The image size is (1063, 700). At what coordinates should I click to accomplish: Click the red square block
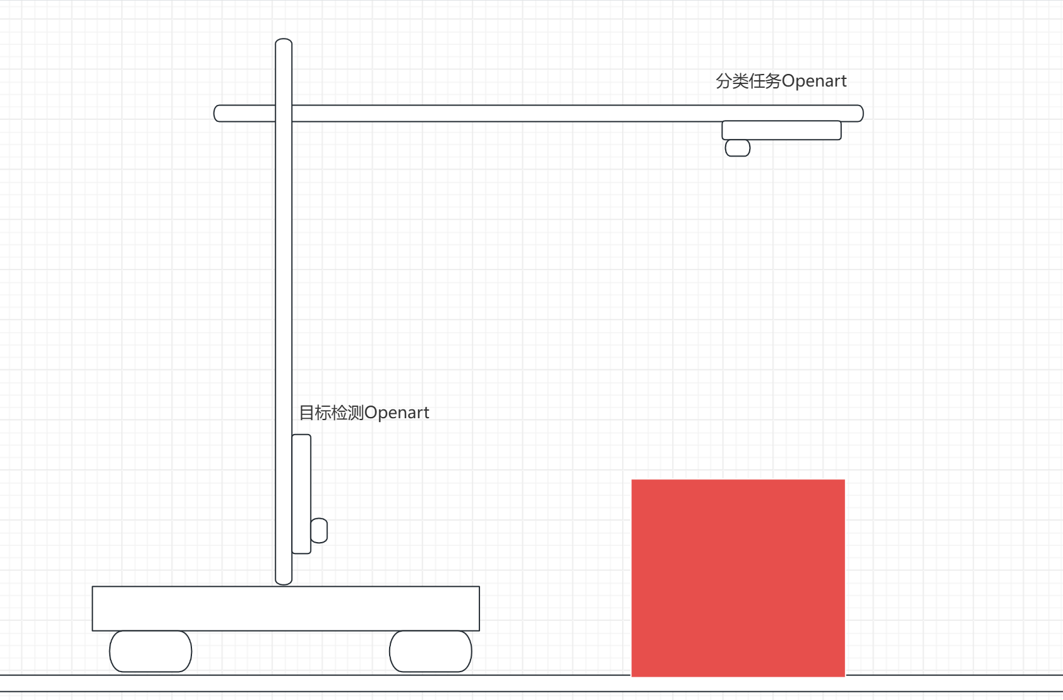coord(738,577)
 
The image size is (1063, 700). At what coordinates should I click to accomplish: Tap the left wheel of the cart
coord(150,651)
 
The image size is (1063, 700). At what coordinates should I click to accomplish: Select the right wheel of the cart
coord(430,651)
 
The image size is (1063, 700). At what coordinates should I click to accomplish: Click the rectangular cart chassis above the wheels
coord(285,608)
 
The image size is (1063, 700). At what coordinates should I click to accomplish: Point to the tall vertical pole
coord(284,316)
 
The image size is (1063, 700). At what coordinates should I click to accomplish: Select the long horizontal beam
coord(505,113)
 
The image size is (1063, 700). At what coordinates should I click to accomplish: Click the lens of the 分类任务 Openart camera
coord(737,148)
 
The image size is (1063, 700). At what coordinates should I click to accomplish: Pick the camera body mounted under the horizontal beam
coord(781,130)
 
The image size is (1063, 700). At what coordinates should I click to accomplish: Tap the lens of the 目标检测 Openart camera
coord(319,531)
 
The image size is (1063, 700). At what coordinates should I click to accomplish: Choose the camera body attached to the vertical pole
coord(301,494)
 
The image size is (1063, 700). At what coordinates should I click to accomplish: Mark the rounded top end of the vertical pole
coord(284,43)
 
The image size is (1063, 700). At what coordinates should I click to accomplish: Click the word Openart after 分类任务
coord(814,81)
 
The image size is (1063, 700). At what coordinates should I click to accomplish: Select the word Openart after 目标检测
coord(397,413)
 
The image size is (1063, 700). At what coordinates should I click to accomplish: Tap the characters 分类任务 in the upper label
coord(748,81)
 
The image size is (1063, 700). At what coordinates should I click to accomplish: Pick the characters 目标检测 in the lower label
coord(331,413)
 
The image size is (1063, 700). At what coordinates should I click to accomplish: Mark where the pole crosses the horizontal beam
coord(284,113)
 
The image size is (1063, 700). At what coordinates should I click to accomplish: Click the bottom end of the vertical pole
coord(284,580)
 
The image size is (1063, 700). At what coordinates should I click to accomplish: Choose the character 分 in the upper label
coord(724,81)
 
